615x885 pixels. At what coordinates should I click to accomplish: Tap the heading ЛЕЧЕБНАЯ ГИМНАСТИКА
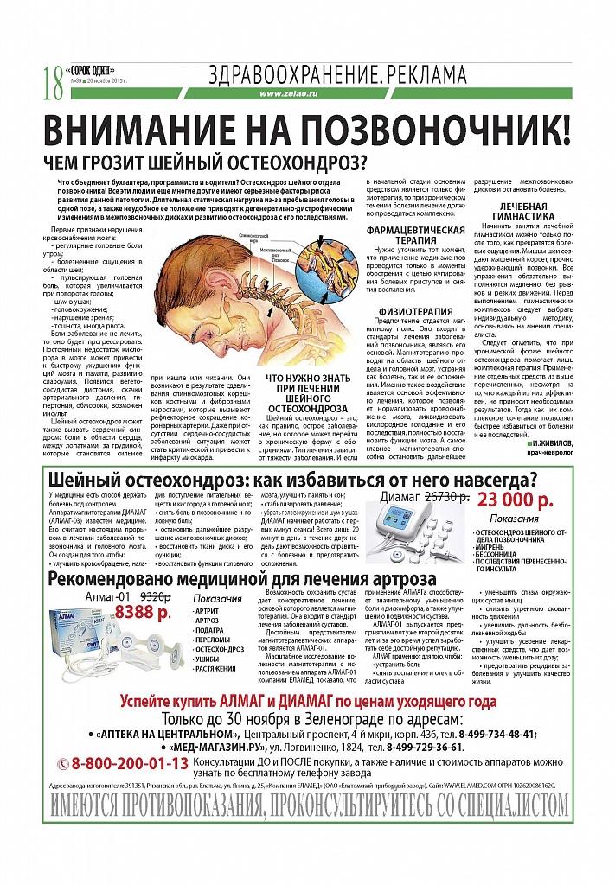click(x=526, y=213)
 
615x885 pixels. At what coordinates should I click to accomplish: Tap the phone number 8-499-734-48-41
click(x=484, y=734)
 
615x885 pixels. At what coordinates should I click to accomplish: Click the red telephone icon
click(x=61, y=764)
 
